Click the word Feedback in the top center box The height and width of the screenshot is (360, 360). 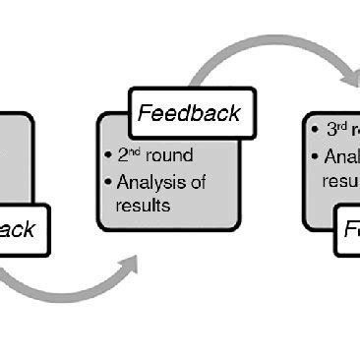click(x=189, y=112)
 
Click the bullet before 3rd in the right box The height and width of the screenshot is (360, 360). click(x=316, y=131)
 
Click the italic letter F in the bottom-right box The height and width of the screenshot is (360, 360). click(x=350, y=231)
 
